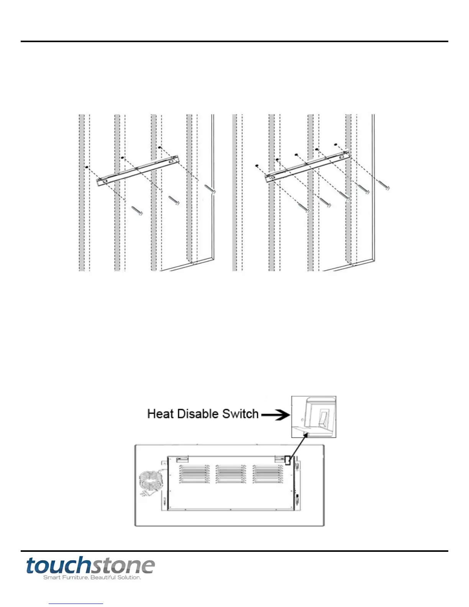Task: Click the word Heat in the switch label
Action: click(x=161, y=414)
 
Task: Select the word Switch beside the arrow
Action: click(x=240, y=414)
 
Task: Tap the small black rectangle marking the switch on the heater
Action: click(x=287, y=460)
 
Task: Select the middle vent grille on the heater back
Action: click(x=230, y=474)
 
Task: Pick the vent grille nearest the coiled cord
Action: click(x=194, y=474)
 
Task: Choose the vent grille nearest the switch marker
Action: click(x=267, y=474)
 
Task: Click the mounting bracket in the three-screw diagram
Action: click(x=138, y=170)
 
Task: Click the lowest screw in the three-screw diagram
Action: click(x=137, y=210)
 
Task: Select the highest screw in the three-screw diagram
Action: click(x=210, y=189)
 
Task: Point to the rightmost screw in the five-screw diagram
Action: click(x=384, y=185)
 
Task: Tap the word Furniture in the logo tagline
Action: click(x=75, y=577)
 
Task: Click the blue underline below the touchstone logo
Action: click(x=76, y=604)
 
